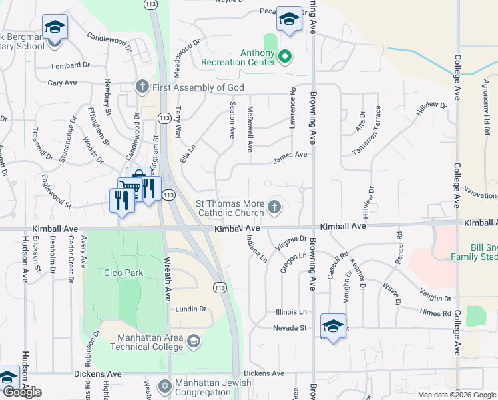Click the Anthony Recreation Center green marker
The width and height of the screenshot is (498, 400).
click(284, 57)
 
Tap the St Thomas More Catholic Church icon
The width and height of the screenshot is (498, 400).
click(274, 208)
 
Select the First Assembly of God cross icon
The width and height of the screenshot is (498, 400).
click(141, 87)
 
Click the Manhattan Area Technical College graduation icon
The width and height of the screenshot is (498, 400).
click(193, 341)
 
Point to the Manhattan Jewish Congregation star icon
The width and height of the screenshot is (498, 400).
click(165, 386)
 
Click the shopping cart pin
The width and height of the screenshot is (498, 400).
click(129, 189)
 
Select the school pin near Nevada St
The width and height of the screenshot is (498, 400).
click(332, 327)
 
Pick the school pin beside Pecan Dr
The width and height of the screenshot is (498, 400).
click(289, 20)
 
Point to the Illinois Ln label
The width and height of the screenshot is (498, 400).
click(292, 311)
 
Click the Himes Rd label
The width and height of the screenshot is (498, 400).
click(436, 313)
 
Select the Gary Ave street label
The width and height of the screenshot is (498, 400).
click(62, 83)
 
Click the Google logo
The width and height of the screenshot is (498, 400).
click(23, 392)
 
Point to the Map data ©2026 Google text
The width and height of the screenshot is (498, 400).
click(456, 395)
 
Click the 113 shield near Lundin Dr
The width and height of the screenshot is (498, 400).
click(220, 287)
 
